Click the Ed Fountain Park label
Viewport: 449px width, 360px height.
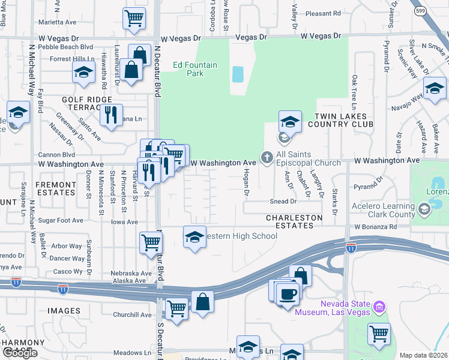[x=187, y=69]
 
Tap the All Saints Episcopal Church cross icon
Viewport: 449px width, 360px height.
[x=267, y=158]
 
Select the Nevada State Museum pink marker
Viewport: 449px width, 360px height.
[x=379, y=308]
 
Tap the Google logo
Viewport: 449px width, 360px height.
[x=20, y=353]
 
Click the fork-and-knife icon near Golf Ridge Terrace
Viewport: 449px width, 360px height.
[x=110, y=114]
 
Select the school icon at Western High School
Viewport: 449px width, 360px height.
[x=194, y=237]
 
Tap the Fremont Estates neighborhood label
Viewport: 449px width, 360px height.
[x=56, y=188]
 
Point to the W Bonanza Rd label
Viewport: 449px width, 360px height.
[x=375, y=227]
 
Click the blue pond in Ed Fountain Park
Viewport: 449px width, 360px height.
[x=238, y=74]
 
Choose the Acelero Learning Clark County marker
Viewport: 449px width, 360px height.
[x=425, y=209]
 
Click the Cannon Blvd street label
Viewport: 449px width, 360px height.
[x=56, y=154]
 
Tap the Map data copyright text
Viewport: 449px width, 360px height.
[x=423, y=355]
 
